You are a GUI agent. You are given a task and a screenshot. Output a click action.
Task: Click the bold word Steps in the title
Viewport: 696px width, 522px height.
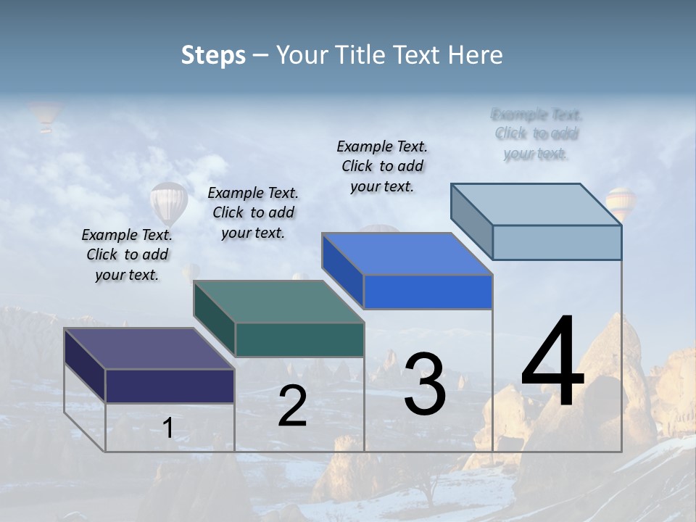click(213, 55)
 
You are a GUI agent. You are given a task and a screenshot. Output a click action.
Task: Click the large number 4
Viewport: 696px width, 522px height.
click(552, 362)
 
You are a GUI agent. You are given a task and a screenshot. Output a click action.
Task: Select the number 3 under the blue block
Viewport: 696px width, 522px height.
click(425, 384)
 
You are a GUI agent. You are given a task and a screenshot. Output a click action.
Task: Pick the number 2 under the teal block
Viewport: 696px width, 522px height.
click(292, 407)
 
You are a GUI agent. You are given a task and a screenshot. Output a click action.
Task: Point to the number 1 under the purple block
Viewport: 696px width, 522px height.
click(168, 428)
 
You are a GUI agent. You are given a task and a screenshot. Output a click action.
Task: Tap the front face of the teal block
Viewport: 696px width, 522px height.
click(299, 339)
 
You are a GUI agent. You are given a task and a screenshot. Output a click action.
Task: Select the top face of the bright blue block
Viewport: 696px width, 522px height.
click(407, 254)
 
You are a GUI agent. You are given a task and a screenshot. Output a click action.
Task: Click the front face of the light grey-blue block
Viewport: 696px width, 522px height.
click(557, 242)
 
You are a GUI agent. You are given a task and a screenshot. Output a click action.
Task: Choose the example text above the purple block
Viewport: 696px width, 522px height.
click(127, 254)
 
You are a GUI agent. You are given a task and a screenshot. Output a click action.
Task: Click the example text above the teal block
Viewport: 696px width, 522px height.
click(253, 212)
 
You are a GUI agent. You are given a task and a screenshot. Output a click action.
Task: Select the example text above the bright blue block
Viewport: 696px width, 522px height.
click(382, 166)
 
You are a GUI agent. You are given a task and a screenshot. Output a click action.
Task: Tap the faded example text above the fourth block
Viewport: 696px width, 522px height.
click(536, 134)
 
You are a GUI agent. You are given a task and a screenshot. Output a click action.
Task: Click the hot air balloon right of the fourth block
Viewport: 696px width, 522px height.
click(621, 203)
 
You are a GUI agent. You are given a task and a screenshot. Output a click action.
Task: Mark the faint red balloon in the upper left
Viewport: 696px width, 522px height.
click(45, 116)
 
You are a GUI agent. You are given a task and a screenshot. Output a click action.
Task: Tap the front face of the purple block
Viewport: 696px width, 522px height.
click(170, 386)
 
